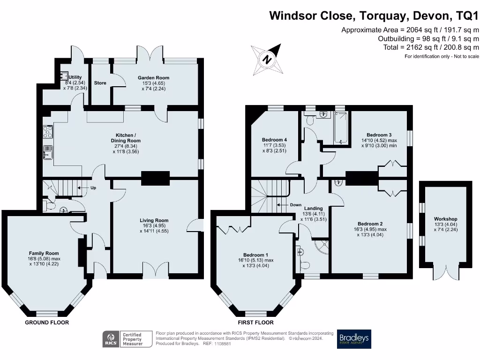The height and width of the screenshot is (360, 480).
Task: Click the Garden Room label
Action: point(153,78)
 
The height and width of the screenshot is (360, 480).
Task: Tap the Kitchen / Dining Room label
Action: point(126,138)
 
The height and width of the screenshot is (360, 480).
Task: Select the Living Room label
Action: point(154,220)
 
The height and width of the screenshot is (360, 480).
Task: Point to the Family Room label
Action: point(44,253)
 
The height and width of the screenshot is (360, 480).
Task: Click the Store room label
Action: point(100,83)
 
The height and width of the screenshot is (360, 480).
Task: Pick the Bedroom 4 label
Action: point(274,140)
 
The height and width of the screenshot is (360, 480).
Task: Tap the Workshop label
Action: point(445,219)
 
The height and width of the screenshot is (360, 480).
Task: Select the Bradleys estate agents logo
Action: point(354,339)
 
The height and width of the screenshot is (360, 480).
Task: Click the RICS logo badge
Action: point(111,339)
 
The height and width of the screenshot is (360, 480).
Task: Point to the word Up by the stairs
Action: point(93,187)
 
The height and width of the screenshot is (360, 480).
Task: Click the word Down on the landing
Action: point(296,205)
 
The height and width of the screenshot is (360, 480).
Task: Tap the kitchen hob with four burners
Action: point(48,132)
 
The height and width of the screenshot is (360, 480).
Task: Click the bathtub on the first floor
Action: point(341,127)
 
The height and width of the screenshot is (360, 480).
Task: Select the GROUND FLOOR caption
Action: point(47,322)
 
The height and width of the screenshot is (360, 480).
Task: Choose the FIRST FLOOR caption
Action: point(255,322)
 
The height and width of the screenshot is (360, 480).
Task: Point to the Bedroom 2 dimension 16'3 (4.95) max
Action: point(370,229)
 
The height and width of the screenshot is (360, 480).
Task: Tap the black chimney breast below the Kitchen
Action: point(156,178)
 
